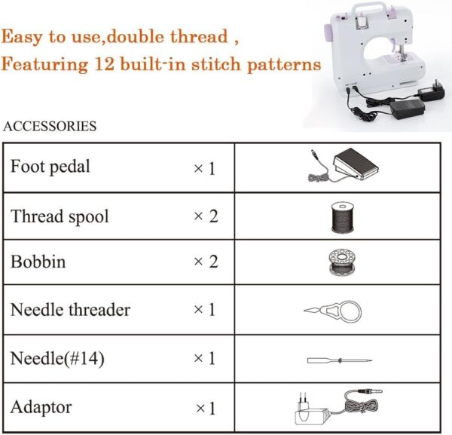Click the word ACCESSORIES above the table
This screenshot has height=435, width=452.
point(50,127)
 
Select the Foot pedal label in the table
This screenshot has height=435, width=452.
point(50,167)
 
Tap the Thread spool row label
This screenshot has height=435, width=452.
point(60,216)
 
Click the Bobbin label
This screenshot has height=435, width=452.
point(38,262)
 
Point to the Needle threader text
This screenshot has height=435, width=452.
point(70,310)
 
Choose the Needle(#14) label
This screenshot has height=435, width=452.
point(57,358)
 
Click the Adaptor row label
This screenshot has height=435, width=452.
point(41,407)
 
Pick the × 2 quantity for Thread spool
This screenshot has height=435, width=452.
point(206,216)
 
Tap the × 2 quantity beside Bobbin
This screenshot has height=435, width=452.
point(206,262)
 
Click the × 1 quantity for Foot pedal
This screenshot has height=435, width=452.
point(205,168)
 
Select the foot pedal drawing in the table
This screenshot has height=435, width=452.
point(344,165)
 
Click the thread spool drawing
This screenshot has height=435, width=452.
point(343,217)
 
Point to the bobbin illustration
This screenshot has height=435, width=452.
point(342,262)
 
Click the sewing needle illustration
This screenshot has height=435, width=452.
point(340,360)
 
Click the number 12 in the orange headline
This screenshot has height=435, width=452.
point(104,64)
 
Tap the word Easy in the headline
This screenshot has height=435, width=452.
point(22,37)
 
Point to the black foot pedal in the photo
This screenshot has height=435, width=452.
point(408,109)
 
